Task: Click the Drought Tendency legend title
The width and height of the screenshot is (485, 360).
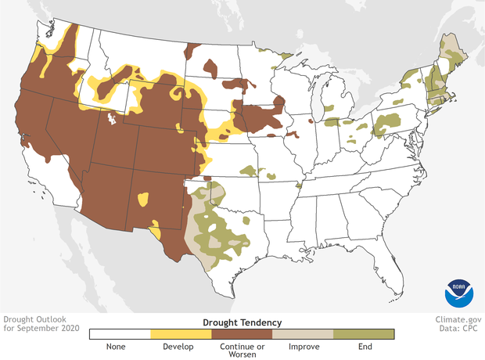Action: [x=242, y=322]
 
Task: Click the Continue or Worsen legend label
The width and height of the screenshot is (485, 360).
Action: [x=242, y=350]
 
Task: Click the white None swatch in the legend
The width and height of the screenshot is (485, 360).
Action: [x=119, y=334]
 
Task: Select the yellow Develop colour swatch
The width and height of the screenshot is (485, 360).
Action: [x=180, y=334]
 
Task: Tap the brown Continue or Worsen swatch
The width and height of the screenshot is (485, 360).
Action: [x=242, y=334]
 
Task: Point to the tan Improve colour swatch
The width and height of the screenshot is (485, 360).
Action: [x=303, y=334]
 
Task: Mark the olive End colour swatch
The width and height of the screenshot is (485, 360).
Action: [x=364, y=334]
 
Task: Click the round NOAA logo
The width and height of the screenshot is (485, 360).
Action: [x=459, y=292]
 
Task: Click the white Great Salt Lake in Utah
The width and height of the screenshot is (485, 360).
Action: [x=113, y=120]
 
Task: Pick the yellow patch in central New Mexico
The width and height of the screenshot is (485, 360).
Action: [x=143, y=199]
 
